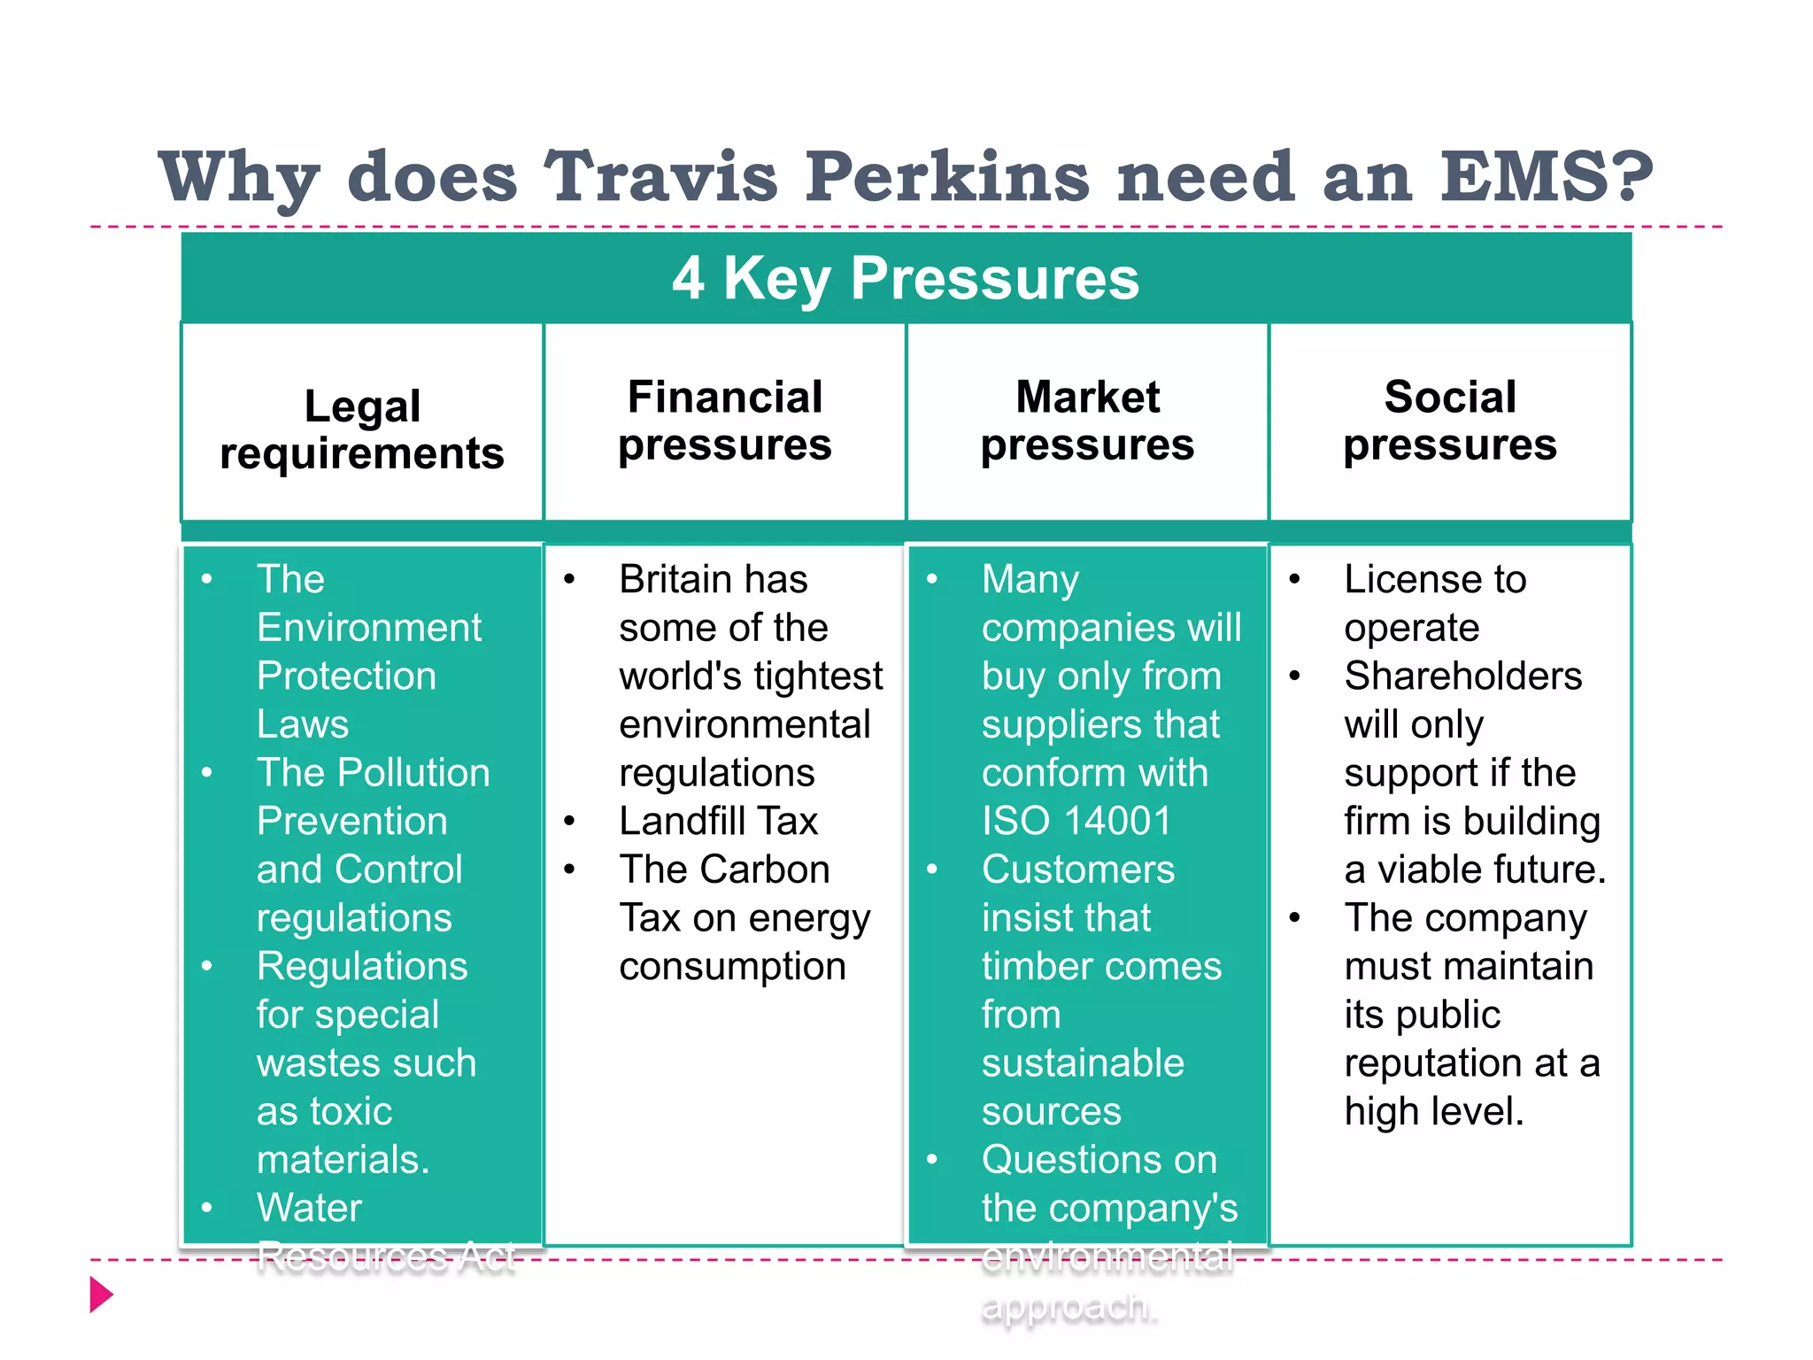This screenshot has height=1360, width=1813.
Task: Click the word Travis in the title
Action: [660, 175]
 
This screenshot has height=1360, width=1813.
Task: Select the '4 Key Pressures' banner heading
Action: [906, 278]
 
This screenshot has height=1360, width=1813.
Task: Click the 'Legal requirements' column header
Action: [362, 429]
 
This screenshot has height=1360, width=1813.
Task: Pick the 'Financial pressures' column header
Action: [725, 421]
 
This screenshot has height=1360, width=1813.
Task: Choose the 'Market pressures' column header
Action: [1087, 421]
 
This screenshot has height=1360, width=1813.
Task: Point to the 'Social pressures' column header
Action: [1450, 421]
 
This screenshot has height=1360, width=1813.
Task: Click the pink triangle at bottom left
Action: [102, 1294]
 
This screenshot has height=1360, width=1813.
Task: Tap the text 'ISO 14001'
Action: [1076, 821]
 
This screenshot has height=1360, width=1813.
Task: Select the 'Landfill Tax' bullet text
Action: [718, 821]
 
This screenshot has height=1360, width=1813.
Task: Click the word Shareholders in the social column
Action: [1462, 676]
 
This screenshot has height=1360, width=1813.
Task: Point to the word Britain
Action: [668, 579]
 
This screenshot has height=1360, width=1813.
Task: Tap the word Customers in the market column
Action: [1078, 869]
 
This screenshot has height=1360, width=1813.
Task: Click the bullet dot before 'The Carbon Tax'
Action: [570, 869]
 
